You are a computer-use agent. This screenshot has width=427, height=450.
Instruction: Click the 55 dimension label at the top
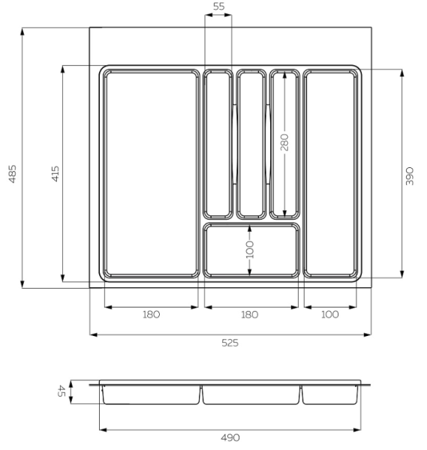point(218,7)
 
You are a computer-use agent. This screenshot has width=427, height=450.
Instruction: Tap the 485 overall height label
point(12,174)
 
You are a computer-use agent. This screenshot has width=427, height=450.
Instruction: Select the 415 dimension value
point(55,174)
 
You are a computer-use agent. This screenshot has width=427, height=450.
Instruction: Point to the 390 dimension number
point(410,176)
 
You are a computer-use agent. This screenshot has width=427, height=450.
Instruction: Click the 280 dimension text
point(284,142)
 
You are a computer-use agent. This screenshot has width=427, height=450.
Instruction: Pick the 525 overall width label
point(230,343)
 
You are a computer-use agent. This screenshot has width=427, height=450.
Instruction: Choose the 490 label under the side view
point(230,437)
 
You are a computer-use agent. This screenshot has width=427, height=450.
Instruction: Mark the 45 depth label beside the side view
point(62,391)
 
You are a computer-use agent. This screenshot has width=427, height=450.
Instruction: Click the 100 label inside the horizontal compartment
point(250,250)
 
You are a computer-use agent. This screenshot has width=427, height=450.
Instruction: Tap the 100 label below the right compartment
point(330,314)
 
